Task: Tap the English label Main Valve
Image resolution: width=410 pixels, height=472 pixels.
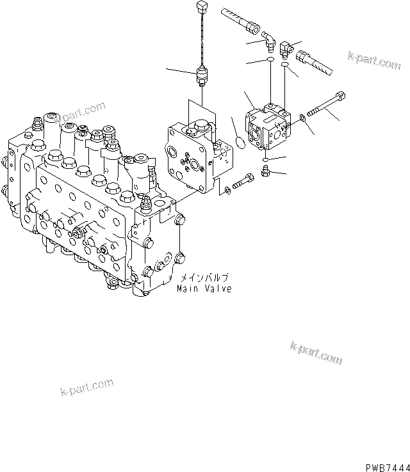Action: click(204, 289)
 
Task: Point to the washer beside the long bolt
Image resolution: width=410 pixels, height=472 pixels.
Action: click(303, 117)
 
